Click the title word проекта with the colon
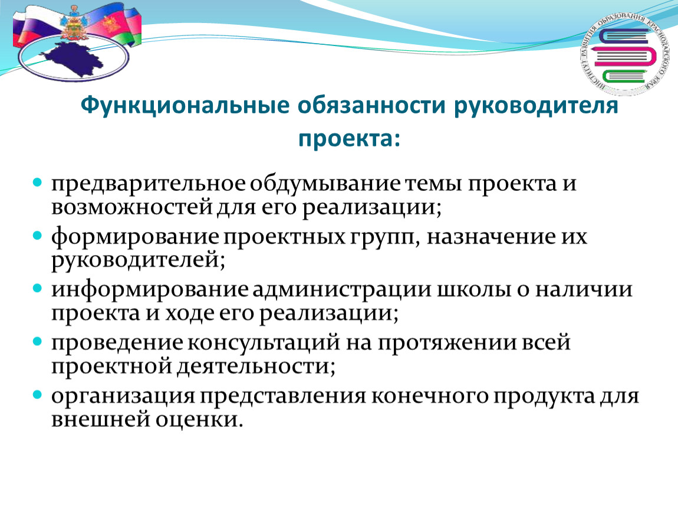click(350, 139)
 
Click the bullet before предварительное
click(38, 182)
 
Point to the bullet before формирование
click(38, 236)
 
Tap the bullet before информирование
click(38, 288)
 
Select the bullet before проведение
click(38, 342)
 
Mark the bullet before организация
click(38, 394)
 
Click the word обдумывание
click(325, 184)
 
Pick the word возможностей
click(132, 207)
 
